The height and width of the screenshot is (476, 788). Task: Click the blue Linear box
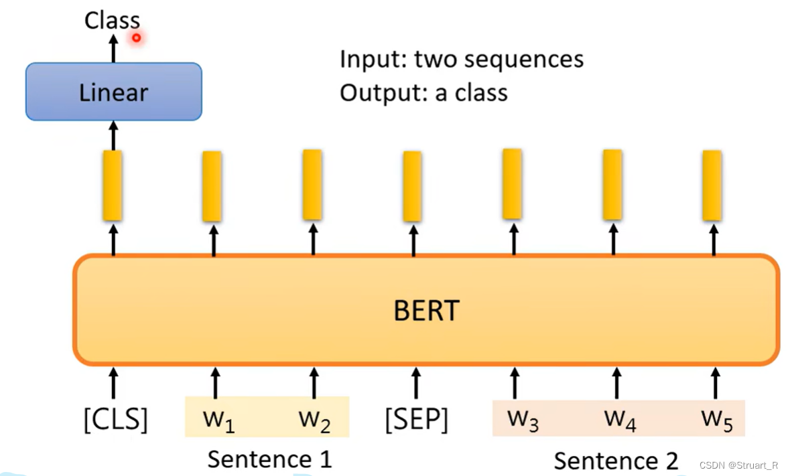pos(113,92)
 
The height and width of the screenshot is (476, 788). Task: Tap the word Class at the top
pos(112,20)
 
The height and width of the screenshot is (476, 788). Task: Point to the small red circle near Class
pos(137,37)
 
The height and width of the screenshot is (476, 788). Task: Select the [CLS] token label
pos(115,419)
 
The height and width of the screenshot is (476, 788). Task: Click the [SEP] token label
pos(416,419)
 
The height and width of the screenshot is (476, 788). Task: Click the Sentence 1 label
pos(269,459)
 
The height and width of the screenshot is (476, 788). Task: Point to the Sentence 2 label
pos(616,461)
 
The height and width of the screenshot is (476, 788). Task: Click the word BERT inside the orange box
pos(426,311)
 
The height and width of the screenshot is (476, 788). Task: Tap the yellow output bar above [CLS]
pos(113,185)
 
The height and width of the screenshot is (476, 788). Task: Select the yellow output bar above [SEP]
pos(412,186)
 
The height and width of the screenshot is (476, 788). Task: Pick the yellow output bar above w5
pos(712,185)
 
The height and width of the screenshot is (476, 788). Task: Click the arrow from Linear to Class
pos(113,48)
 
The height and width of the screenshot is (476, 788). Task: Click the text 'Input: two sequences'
pos(462,60)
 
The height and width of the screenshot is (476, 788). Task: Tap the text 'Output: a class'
pos(423,92)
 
